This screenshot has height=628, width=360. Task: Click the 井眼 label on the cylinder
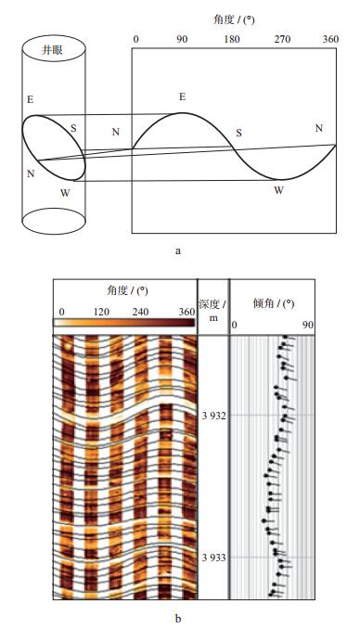click(53, 50)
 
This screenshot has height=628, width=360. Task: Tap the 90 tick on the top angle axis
click(182, 39)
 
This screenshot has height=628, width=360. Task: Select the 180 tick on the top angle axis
click(232, 39)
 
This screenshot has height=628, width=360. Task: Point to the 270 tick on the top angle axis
click(282, 39)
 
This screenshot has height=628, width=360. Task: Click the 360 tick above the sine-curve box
click(330, 39)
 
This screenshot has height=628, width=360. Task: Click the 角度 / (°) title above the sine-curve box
click(234, 19)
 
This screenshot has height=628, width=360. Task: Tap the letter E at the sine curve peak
click(183, 96)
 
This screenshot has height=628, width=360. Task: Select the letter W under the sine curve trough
click(278, 190)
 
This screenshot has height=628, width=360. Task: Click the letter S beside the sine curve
click(239, 133)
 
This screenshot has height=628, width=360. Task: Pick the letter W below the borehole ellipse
click(65, 193)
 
